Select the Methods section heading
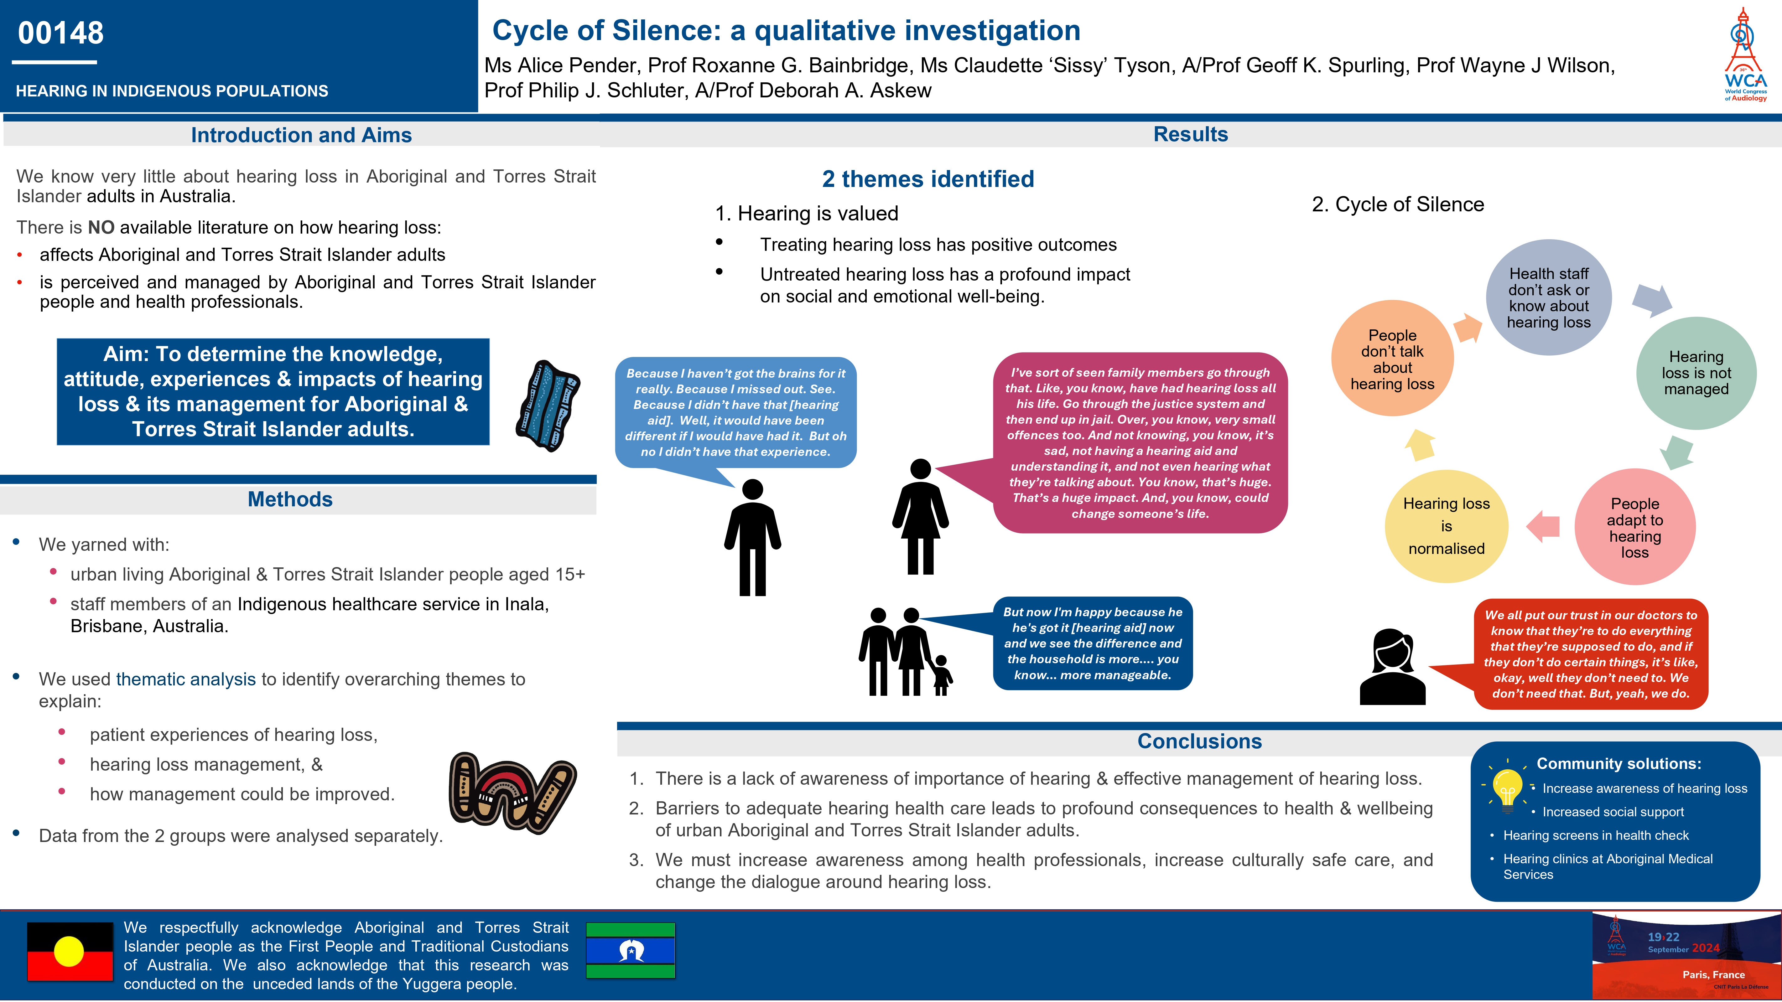pos(290,499)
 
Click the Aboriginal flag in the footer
pos(70,952)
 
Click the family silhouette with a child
pos(905,652)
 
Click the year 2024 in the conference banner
pos(1705,948)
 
